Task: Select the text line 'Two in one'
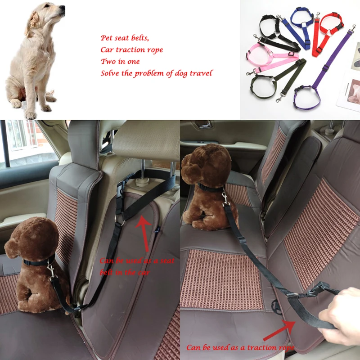click(120, 61)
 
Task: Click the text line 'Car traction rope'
click(131, 49)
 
